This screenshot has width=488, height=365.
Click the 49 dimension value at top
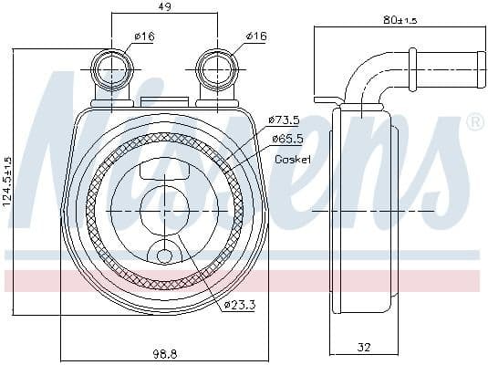pos(164,7)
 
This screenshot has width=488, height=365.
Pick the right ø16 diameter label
pos(254,36)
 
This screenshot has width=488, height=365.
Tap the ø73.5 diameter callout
pos(285,120)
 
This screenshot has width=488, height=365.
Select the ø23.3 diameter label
pos(238,306)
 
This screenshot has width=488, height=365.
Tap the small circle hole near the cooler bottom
pos(164,257)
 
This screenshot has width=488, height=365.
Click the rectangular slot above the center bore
pos(164,169)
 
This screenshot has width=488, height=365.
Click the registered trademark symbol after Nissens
pos(474,122)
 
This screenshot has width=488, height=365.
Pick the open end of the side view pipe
pos(478,64)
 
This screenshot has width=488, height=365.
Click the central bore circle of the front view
pos(164,210)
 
